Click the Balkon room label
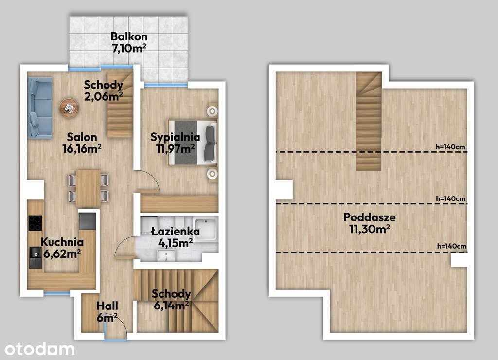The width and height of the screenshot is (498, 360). [129, 36]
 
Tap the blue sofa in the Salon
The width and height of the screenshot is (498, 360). [40, 108]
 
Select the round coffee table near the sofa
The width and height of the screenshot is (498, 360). [69, 108]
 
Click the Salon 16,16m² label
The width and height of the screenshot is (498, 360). [82, 143]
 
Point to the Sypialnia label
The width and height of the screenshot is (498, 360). [175, 137]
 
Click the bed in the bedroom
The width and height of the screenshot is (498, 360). [193, 143]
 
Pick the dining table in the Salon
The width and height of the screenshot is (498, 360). [89, 188]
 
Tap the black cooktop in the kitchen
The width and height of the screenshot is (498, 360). [35, 223]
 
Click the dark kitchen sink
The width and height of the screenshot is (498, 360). [35, 257]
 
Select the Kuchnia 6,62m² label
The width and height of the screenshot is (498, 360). [62, 248]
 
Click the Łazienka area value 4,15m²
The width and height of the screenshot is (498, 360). [175, 243]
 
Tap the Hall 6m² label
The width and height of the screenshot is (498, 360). [107, 311]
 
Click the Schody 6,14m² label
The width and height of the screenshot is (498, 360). [171, 300]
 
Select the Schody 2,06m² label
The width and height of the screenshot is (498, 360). [104, 90]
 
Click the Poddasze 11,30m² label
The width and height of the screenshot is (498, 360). [370, 223]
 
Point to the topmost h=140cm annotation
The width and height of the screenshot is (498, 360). [450, 147]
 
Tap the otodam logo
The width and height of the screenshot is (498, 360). [40, 349]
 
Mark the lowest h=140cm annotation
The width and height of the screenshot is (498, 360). [452, 246]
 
